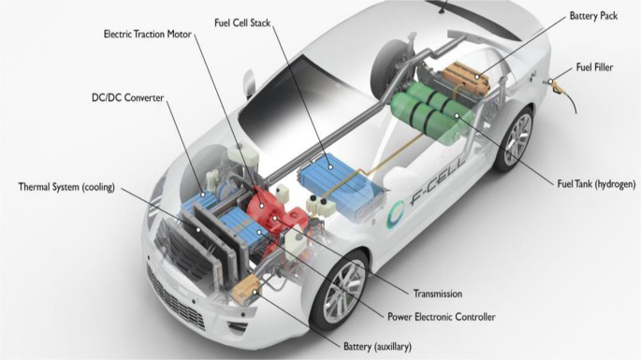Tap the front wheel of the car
(341, 287)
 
